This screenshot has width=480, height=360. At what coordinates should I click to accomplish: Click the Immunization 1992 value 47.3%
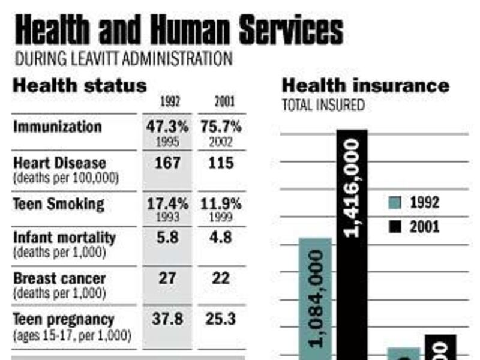tap(167, 127)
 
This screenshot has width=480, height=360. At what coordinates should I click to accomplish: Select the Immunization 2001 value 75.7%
tap(219, 127)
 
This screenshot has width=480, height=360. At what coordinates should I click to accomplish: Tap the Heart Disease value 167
tap(167, 163)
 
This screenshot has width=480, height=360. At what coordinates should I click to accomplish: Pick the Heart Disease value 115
tap(219, 163)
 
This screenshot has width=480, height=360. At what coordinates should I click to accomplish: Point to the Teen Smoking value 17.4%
tap(167, 203)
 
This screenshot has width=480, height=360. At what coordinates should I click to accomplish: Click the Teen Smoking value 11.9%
tap(219, 203)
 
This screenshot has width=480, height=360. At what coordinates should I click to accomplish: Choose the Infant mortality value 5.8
tap(167, 238)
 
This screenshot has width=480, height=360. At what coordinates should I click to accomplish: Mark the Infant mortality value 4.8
tap(219, 238)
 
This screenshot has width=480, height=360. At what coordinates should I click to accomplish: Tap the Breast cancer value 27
tap(167, 279)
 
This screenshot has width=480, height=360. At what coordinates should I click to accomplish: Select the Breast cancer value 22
tap(219, 279)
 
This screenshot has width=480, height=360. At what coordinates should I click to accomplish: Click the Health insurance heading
tap(365, 85)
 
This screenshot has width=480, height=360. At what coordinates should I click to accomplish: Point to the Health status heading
tap(80, 85)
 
